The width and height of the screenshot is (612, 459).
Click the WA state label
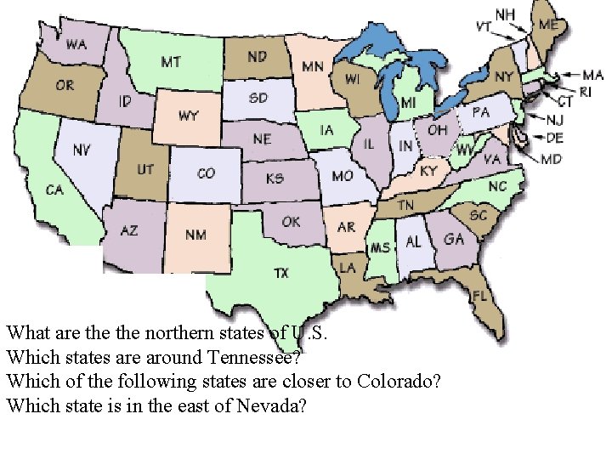tap(76, 44)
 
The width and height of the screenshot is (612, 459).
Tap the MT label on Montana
tap(170, 62)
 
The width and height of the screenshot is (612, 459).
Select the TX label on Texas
tap(280, 273)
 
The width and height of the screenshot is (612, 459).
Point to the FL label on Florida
tap(480, 295)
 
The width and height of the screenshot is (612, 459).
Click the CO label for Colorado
tap(206, 173)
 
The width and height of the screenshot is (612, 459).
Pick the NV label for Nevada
tap(82, 150)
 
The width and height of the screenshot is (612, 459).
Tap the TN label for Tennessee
tap(406, 206)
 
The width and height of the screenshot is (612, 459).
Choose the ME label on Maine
tap(549, 25)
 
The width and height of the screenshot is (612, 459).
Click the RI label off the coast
tap(586, 91)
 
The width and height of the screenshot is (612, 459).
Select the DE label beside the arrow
tap(554, 137)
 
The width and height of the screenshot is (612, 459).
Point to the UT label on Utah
tap(145, 170)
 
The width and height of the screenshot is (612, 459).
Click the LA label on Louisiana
tap(348, 267)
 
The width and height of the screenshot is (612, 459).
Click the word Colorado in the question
tap(398, 381)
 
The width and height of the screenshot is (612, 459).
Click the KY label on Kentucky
tap(428, 172)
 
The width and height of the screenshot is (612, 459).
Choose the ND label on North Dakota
tap(256, 57)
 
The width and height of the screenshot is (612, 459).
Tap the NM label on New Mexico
tap(195, 235)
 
